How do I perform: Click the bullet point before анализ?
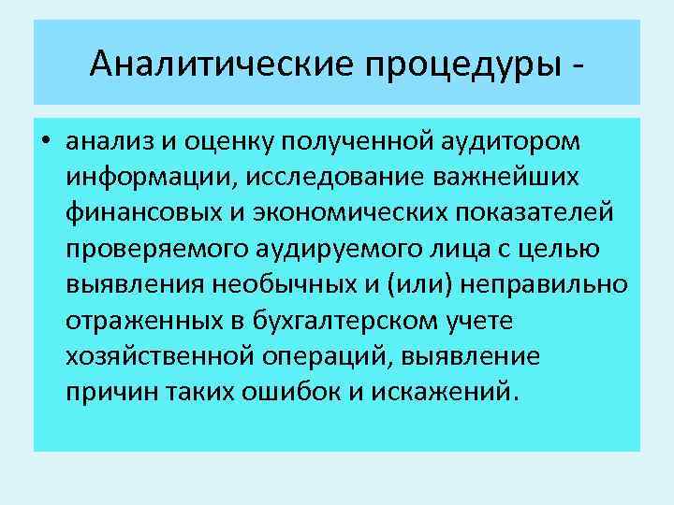tap(45, 141)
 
